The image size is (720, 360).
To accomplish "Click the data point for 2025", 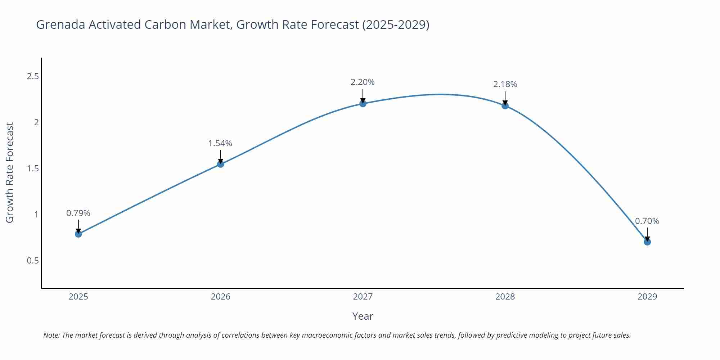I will [78, 234].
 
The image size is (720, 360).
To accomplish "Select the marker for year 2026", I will [221, 164].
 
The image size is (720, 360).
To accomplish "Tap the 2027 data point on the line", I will [363, 104].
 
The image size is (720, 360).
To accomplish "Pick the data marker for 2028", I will [505, 105].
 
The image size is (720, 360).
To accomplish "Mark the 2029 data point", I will [647, 242].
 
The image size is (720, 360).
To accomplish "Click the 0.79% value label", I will [78, 213].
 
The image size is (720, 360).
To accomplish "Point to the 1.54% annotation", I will [220, 143].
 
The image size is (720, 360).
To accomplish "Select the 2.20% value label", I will [363, 82].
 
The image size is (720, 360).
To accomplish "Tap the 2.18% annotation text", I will [505, 84].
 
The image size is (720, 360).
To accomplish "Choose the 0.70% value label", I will [647, 221].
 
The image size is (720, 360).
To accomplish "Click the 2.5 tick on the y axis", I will [33, 76].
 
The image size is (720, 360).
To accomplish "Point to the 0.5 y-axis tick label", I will [33, 260].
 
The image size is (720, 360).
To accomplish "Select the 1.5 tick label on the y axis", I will [33, 168].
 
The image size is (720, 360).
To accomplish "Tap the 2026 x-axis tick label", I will [221, 297].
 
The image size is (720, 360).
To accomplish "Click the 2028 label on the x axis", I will [505, 297].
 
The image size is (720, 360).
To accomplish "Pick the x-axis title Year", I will [363, 316].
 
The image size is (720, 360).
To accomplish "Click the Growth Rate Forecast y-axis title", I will [10, 172].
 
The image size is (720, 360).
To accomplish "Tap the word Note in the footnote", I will [51, 335].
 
